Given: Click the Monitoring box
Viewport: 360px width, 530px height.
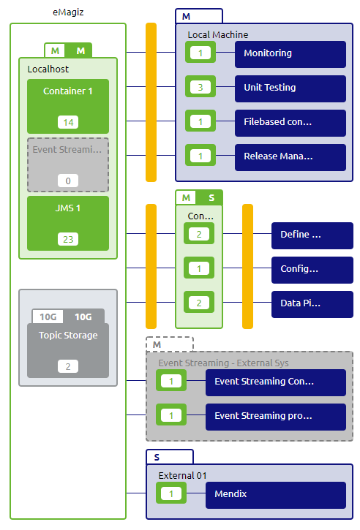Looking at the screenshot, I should coord(290,53).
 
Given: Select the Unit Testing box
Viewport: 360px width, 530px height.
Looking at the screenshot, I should coord(290,88).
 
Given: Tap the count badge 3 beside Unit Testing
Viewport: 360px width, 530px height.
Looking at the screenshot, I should coord(200,88).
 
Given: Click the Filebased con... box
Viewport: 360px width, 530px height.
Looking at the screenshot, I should coord(290,122).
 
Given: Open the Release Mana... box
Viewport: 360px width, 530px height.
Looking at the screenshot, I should coord(290,156).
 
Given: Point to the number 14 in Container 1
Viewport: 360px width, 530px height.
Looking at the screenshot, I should coord(68,122).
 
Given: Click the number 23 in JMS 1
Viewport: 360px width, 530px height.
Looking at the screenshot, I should coord(68,239).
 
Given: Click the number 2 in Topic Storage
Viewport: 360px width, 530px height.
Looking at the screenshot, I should coord(68,366).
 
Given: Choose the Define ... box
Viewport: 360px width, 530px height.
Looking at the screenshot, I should coord(312,235).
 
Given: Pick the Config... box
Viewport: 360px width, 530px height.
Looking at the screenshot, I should coord(312,269).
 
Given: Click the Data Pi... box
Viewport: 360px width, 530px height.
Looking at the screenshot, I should coord(312,303).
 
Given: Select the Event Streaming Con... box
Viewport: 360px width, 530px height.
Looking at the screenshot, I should coord(275,382).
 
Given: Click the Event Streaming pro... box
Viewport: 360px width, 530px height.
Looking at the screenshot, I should coord(275,416).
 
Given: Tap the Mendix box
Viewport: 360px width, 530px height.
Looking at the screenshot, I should coord(275,494).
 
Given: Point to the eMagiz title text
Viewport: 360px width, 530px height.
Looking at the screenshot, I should coord(68,12).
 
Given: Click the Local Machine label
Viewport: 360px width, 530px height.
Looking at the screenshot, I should coord(217,34).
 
